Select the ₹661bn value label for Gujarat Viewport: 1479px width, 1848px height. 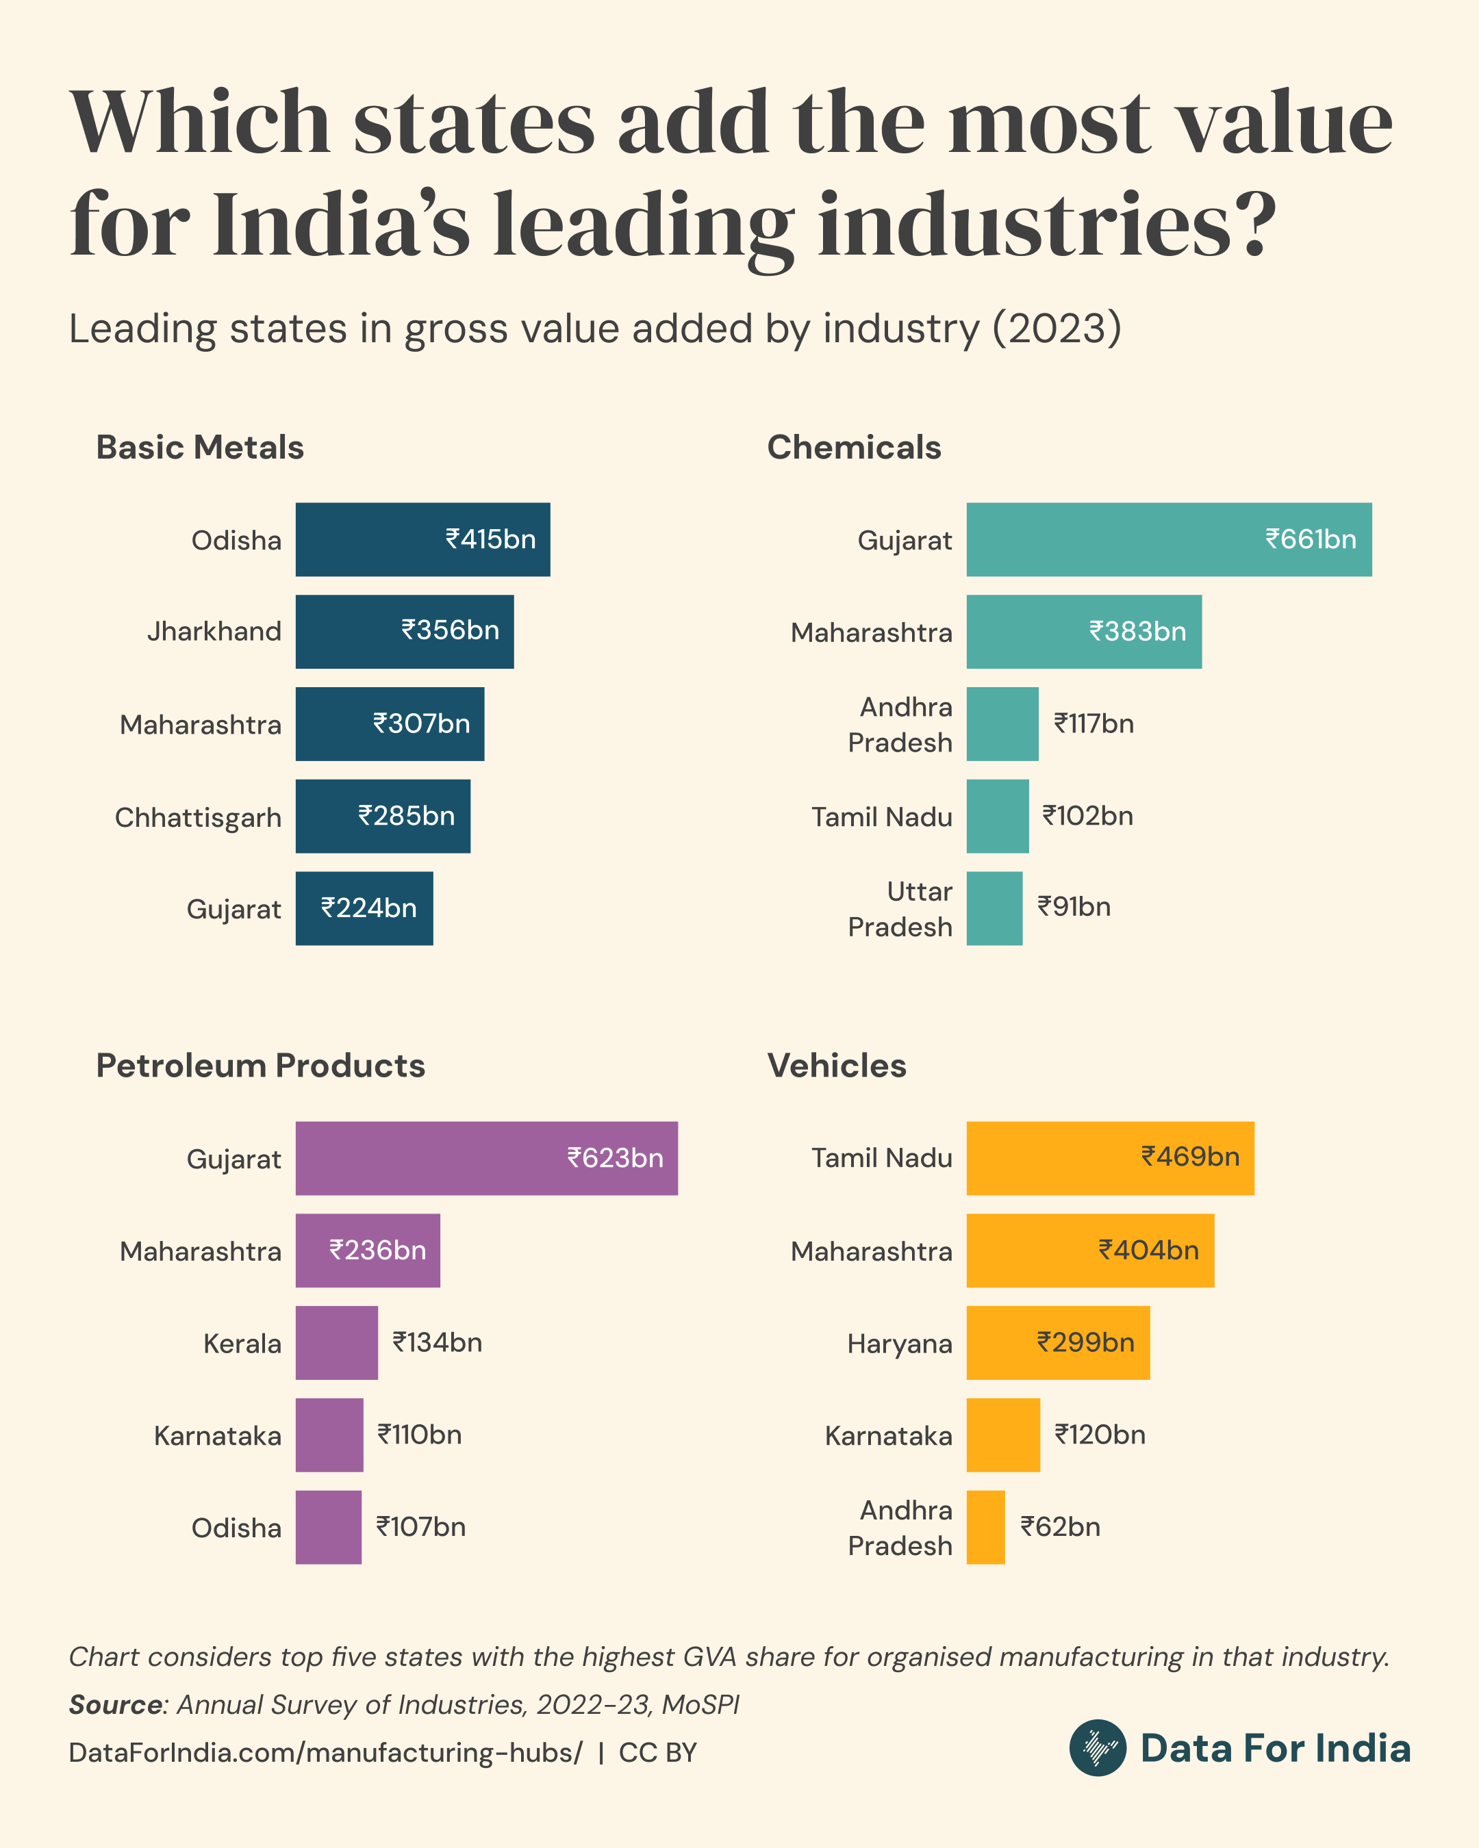tap(1310, 539)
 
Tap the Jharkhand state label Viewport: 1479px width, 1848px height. tap(214, 632)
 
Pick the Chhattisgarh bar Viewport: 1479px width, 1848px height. tap(382, 816)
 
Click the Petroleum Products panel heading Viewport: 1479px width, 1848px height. tap(260, 1066)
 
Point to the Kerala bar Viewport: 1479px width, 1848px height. tap(336, 1342)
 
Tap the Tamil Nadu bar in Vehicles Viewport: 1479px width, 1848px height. tap(1109, 1158)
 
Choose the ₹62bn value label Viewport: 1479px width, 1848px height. tap(1060, 1526)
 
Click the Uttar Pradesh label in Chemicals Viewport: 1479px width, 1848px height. tap(900, 908)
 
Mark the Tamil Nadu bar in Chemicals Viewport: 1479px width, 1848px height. tap(997, 816)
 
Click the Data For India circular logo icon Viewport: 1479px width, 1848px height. tap(1098, 1747)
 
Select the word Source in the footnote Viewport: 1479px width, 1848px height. tap(115, 1704)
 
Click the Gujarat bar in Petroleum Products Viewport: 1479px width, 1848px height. tap(486, 1158)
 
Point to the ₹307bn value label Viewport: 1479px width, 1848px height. tap(421, 723)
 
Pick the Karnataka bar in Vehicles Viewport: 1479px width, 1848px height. tap(1003, 1435)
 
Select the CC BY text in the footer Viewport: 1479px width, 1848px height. tap(657, 1753)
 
